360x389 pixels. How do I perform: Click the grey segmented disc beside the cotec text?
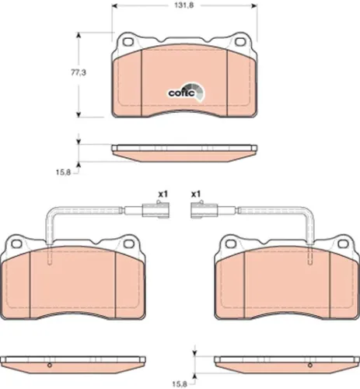click(x=197, y=93)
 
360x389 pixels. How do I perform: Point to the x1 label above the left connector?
click(x=163, y=194)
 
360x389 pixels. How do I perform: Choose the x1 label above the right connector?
click(x=195, y=194)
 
